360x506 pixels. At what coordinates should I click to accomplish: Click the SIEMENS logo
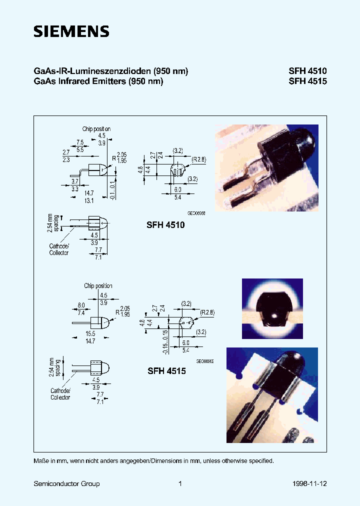pos(71,32)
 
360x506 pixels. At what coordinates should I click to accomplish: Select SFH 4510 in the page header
pos(307,71)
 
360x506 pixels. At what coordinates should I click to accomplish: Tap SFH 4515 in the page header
pos(307,81)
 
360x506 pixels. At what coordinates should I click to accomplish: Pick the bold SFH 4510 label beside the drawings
pos(165,225)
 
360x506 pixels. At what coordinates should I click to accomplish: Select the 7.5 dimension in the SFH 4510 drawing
pos(79,142)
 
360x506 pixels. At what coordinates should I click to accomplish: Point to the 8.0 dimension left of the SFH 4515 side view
pos(81,305)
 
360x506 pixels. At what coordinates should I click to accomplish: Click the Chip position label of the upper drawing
pos(96,129)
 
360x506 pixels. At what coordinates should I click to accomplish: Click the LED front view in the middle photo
pos(272,308)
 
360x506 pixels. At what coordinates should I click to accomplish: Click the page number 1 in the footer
pos(180,483)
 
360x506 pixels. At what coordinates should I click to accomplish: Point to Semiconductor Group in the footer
pos(66,483)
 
